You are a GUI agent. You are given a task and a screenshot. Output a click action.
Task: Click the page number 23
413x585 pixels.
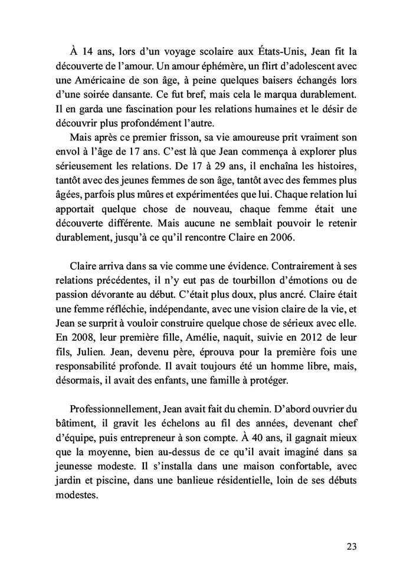point(351,546)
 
